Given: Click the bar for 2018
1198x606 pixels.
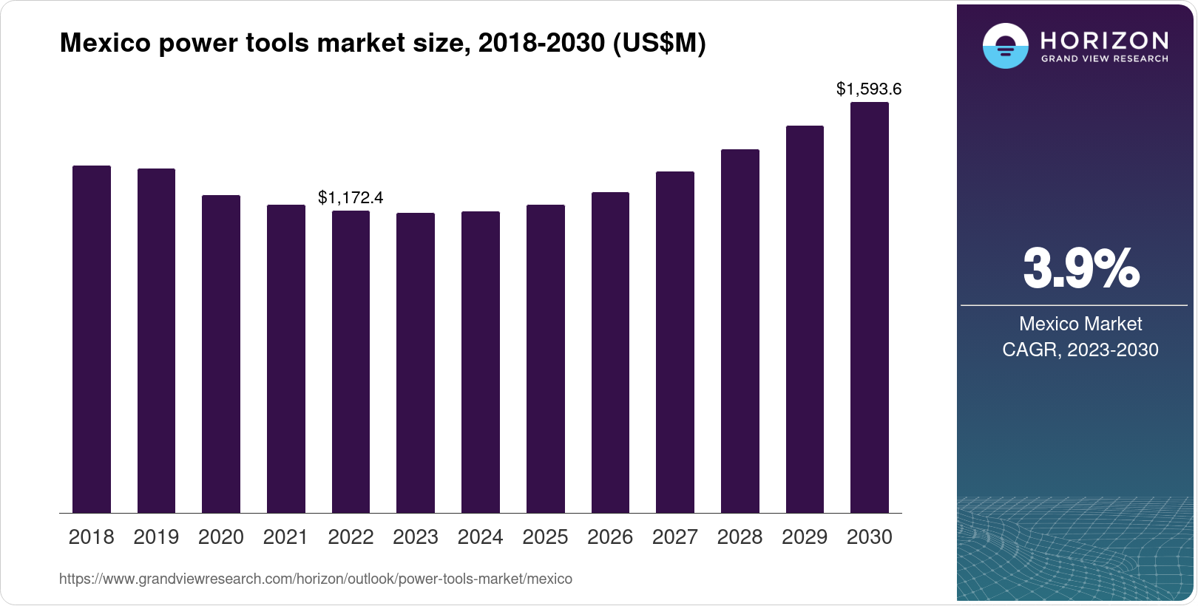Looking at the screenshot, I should point(92,339).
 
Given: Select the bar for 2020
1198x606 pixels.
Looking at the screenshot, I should point(221,354).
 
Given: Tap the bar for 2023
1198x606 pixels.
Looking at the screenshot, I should point(416,363).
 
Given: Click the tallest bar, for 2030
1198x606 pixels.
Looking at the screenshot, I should point(870,307).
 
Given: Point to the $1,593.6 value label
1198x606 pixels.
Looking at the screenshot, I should point(869,89).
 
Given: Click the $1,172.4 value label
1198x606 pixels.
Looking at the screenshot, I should point(351,197).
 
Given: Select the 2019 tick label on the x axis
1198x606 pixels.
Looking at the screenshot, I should point(156,537).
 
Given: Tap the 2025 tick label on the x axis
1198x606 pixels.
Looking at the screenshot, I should point(545,537).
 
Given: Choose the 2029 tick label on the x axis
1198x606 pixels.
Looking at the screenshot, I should point(805,537).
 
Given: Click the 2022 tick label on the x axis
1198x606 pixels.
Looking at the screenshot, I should point(351,537).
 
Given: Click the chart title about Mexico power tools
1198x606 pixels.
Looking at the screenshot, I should point(382,44).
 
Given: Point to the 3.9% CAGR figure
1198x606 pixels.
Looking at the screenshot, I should point(1080,269).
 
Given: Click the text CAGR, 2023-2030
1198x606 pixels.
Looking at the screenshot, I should point(1080,350).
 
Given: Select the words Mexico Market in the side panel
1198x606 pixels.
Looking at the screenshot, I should point(1080,324).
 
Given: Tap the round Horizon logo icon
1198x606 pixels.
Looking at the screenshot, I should point(1005,46).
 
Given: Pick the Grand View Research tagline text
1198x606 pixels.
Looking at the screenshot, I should point(1104,58).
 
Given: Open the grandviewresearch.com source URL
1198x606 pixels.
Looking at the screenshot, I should point(316,579).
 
